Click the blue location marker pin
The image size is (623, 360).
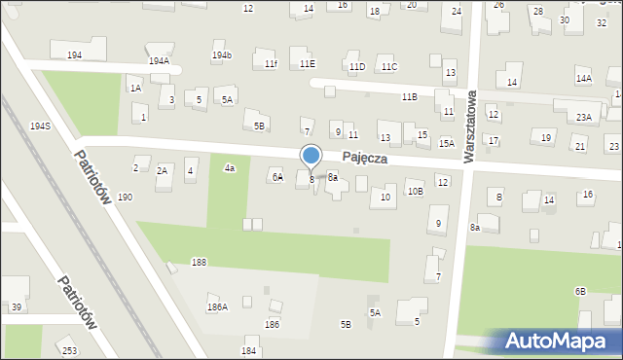[x=311, y=156]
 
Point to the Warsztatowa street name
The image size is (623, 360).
[x=470, y=127]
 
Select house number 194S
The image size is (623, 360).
[x=40, y=126]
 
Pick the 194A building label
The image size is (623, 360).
[x=159, y=60]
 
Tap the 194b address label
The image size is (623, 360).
[x=222, y=55]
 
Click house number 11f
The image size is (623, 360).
[x=271, y=64]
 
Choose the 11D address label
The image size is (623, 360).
[x=357, y=66]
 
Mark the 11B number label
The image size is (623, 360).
[x=410, y=97]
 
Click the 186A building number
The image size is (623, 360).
[x=217, y=307]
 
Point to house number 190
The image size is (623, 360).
[x=126, y=197]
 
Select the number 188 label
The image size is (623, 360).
[x=199, y=263]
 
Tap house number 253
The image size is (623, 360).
[x=69, y=350]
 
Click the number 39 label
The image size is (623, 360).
[x=17, y=307]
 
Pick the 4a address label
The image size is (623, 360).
[x=230, y=168]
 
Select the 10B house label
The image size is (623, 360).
[x=416, y=192]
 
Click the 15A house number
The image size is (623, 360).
[x=447, y=143]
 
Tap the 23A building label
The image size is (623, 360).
[x=583, y=117]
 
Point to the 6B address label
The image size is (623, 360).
[x=580, y=291]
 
